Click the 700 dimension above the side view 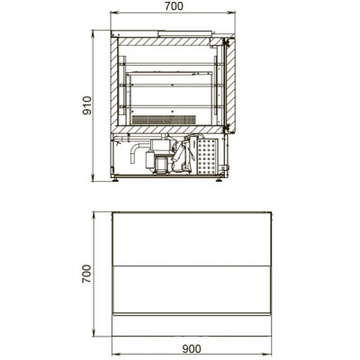[174, 6]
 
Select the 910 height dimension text [87, 105]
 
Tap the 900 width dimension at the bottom [192, 349]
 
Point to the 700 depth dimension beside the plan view [86, 274]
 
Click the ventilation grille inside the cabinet [164, 120]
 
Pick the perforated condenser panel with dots [207, 157]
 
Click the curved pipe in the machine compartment [138, 151]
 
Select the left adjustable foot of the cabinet [115, 181]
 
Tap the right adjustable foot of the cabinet [220, 181]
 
